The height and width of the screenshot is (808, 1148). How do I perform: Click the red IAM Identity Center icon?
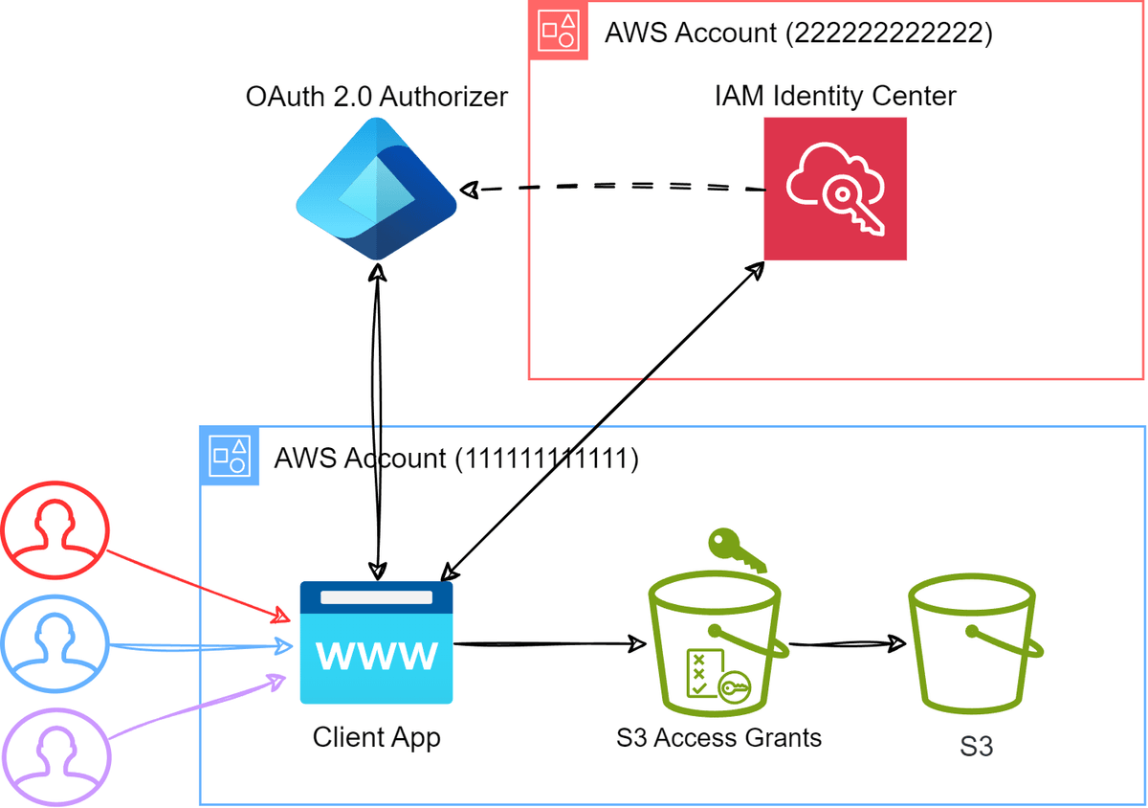point(835,189)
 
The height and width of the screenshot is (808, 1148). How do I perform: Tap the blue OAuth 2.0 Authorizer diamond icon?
point(376,189)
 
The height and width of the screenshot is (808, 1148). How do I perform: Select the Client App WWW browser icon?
point(376,642)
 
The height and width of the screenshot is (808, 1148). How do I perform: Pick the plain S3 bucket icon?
point(975,647)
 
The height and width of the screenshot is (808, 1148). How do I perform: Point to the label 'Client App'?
point(376,738)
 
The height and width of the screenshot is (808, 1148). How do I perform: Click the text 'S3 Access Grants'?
point(718,738)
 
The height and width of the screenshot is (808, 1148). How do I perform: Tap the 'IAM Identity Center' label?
point(835,96)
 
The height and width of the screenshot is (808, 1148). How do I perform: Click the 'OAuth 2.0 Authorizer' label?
point(376,97)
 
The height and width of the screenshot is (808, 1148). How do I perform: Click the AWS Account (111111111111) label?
point(455,458)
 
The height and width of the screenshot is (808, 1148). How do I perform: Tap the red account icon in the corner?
point(558,32)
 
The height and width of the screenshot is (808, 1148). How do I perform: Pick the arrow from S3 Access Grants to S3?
point(847,643)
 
